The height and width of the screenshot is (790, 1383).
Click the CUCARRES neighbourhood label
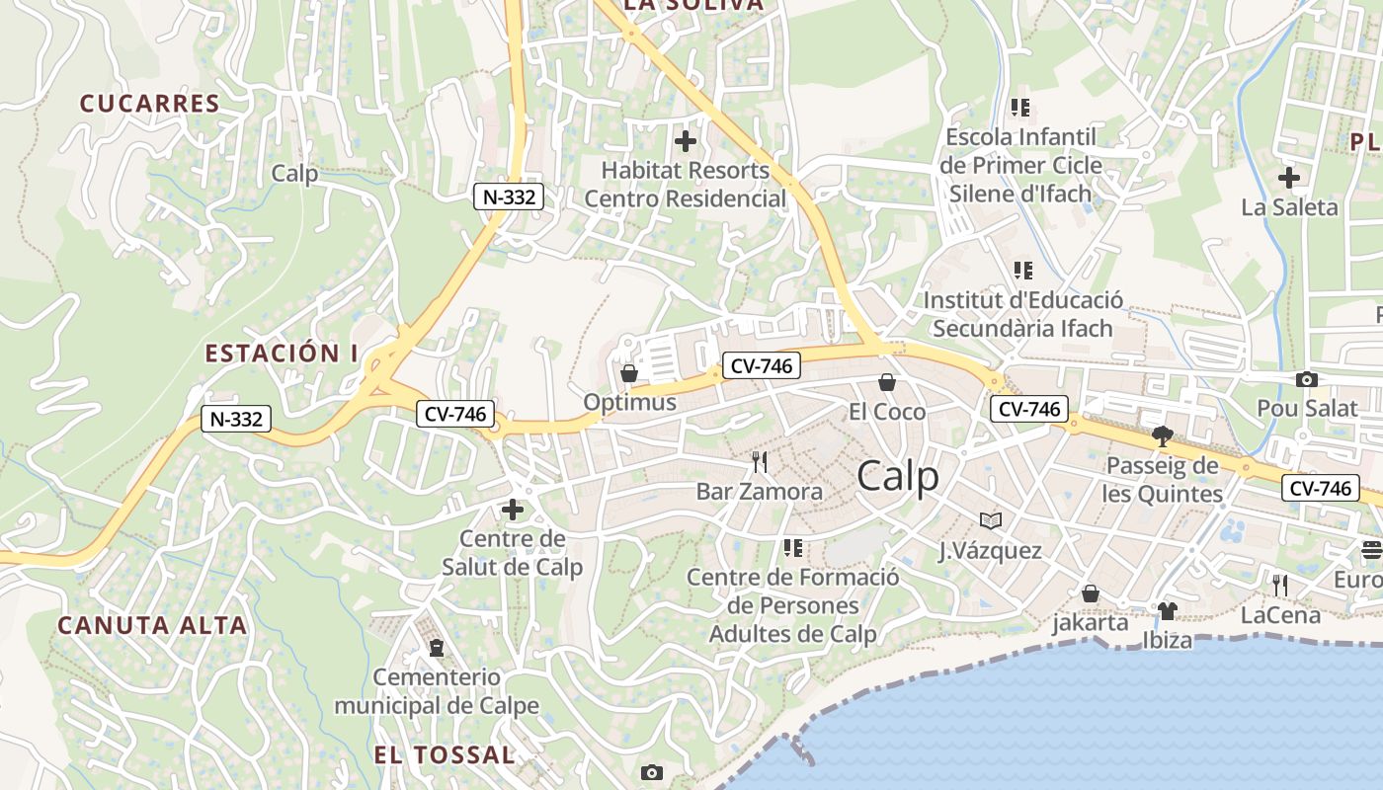(149, 104)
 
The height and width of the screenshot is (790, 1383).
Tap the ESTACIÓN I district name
(282, 354)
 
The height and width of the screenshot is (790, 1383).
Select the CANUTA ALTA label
(151, 625)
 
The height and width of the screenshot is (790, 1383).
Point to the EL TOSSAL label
(445, 755)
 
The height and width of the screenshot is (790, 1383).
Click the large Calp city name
(898, 477)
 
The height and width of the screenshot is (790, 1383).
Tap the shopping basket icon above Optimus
(628, 373)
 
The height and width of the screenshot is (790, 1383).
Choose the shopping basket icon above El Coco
(887, 382)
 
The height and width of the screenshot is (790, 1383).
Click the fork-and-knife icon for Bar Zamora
(759, 462)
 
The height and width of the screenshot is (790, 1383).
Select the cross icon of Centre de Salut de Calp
(513, 510)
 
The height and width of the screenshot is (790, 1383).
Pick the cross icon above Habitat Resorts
(685, 141)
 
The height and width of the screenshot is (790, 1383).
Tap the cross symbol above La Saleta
(1289, 178)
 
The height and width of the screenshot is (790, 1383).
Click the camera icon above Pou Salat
(1306, 379)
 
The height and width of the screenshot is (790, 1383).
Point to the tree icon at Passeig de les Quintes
(1163, 435)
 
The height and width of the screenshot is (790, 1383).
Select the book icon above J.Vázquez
(990, 520)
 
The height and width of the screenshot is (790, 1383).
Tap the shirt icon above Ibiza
(1167, 611)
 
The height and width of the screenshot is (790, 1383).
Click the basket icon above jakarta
(1090, 593)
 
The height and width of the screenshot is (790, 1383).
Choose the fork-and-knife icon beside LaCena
(1280, 586)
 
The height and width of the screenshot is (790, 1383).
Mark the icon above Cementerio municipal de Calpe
(436, 648)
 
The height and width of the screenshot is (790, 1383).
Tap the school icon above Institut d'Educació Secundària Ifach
(1022, 270)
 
